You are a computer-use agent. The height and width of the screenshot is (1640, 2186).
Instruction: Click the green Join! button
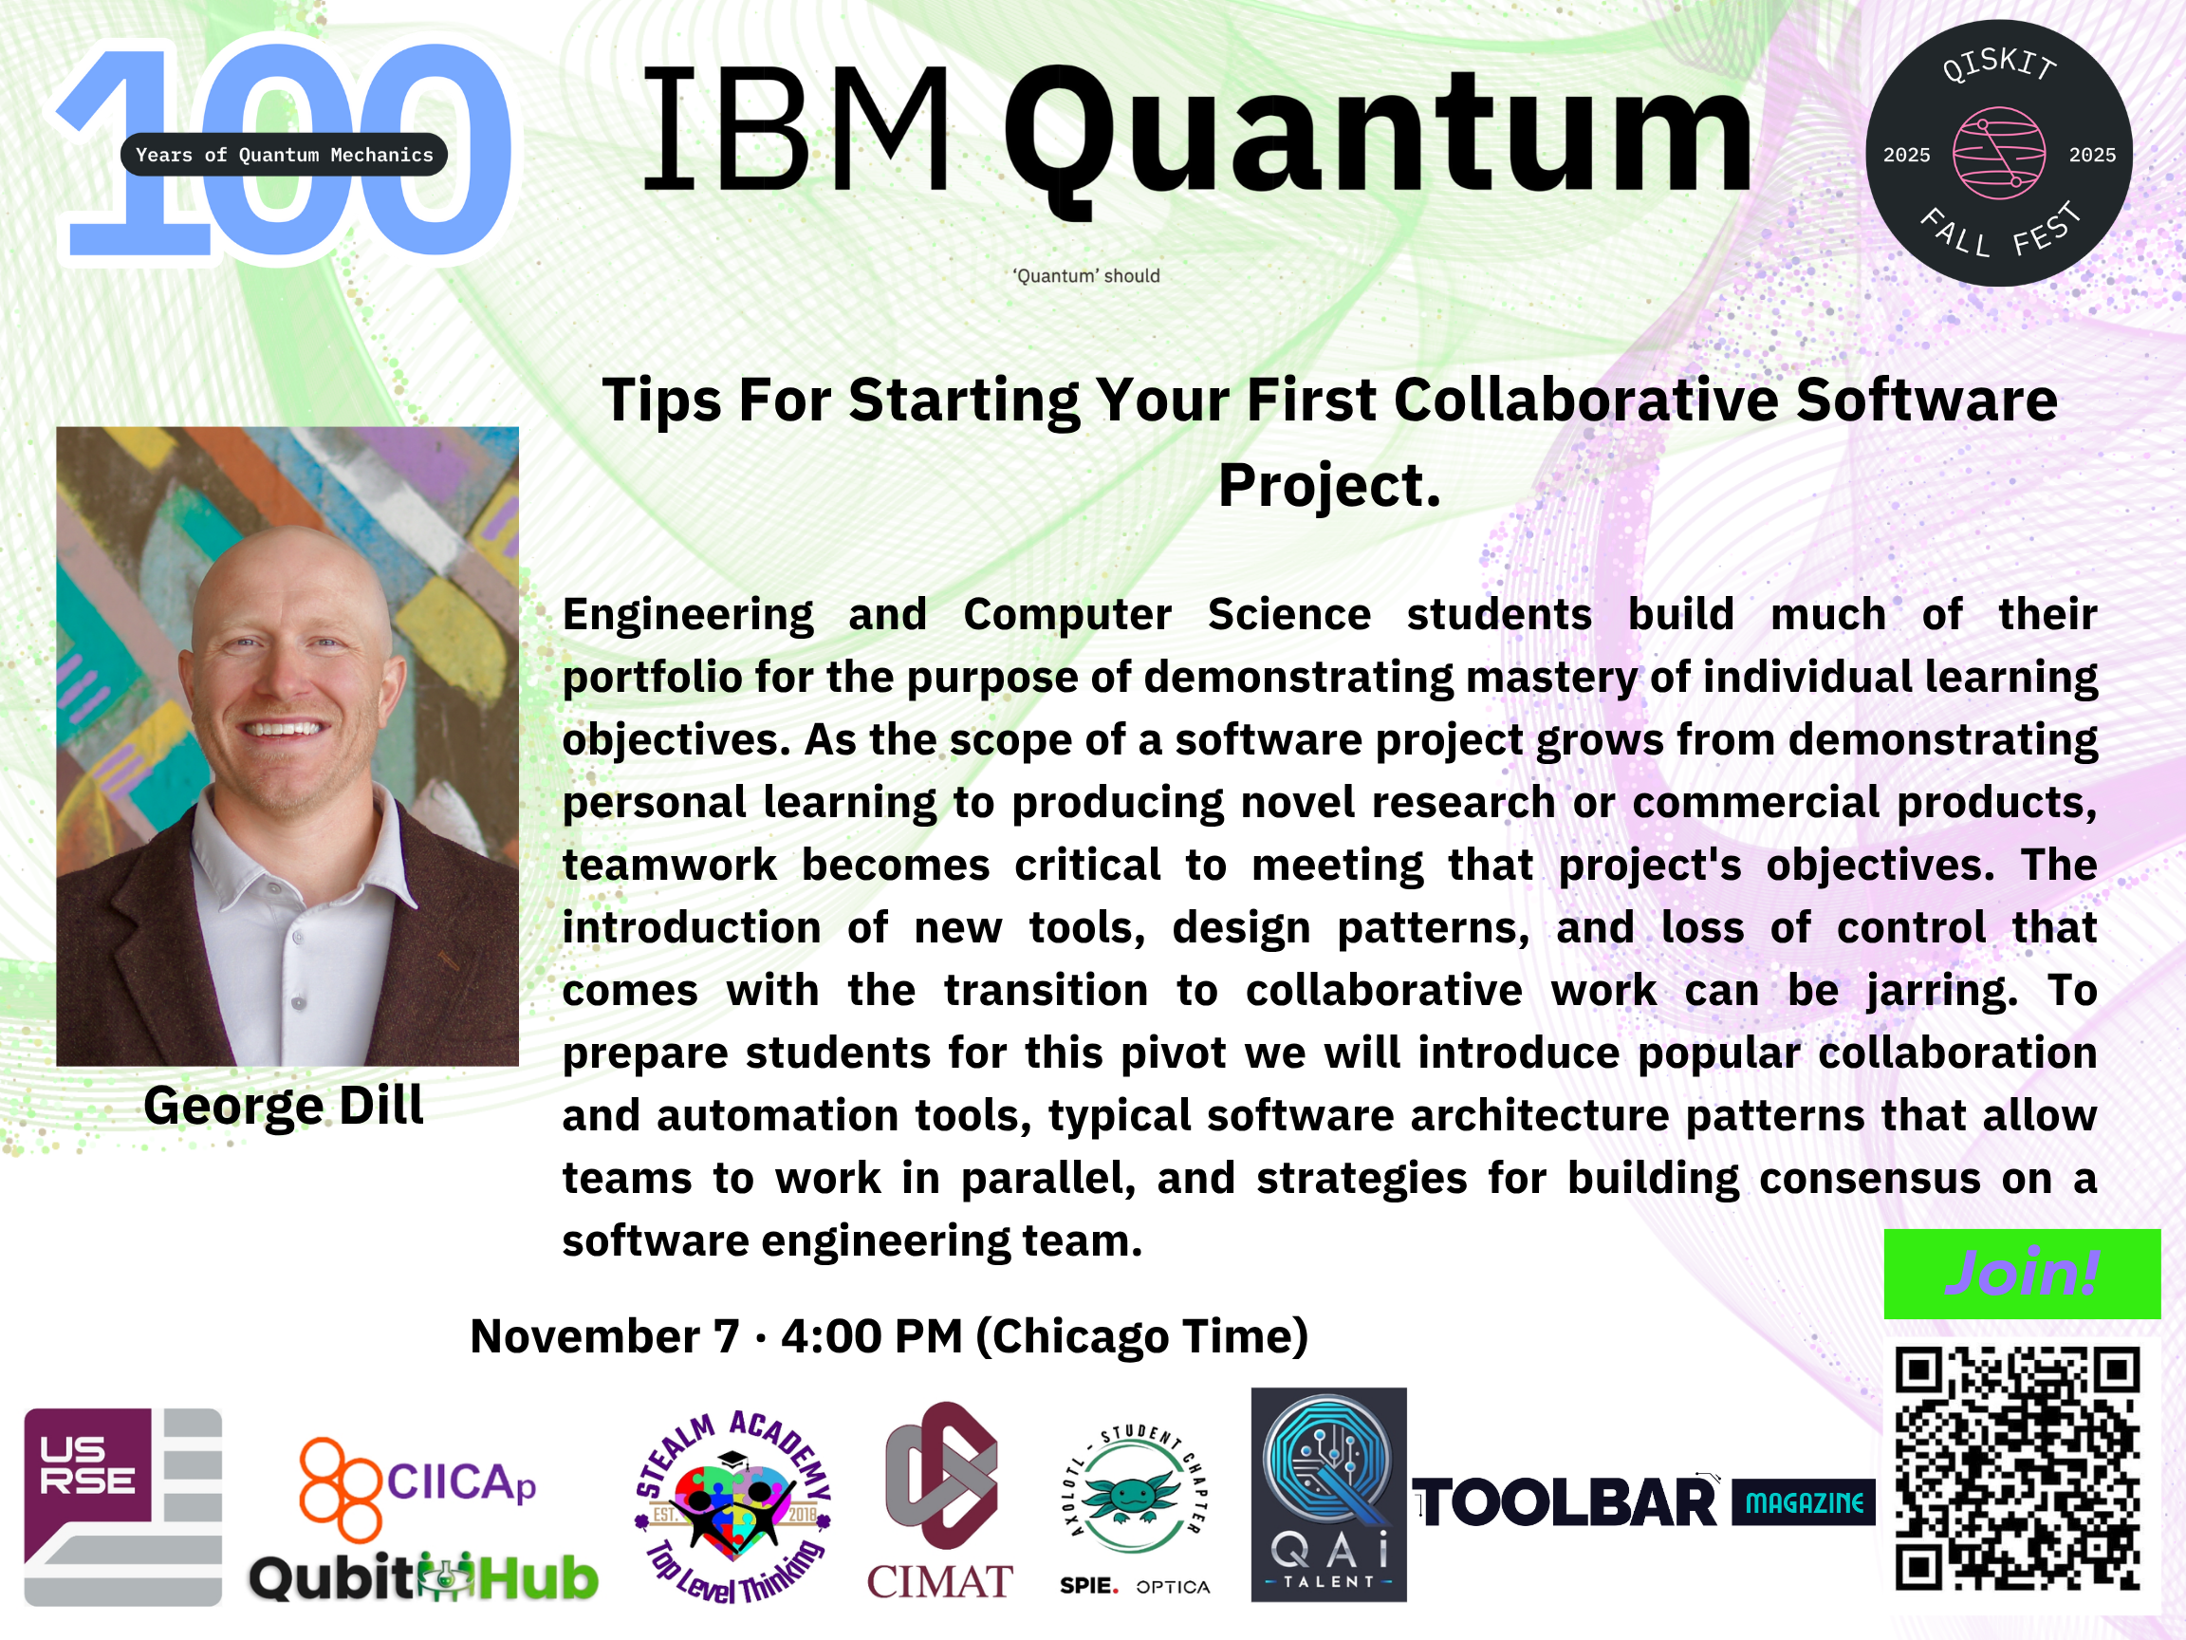coord(2022,1274)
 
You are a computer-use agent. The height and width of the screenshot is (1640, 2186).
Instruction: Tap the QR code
coord(2017,1469)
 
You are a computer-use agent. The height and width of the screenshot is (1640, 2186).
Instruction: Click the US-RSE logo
coord(122,1506)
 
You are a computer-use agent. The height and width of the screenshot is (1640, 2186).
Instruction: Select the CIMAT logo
coord(940,1500)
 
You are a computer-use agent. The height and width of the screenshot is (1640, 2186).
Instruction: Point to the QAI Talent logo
coord(1328,1494)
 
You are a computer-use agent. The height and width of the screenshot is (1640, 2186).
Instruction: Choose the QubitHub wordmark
coord(423,1576)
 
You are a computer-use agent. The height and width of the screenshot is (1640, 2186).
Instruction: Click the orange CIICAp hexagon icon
coord(339,1489)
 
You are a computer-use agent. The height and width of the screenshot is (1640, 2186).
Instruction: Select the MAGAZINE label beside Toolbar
coord(1804,1502)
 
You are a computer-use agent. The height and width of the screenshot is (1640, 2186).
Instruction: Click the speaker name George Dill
coord(284,1105)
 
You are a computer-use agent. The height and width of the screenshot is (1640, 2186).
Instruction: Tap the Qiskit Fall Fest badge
coord(1998,153)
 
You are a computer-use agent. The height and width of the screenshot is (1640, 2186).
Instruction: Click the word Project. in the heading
coord(1329,485)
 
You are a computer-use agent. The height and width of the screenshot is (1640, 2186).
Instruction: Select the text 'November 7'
coord(604,1336)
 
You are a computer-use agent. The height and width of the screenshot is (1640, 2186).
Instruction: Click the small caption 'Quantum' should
coord(1086,276)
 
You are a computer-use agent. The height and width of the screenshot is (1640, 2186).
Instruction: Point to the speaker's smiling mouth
coord(285,730)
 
